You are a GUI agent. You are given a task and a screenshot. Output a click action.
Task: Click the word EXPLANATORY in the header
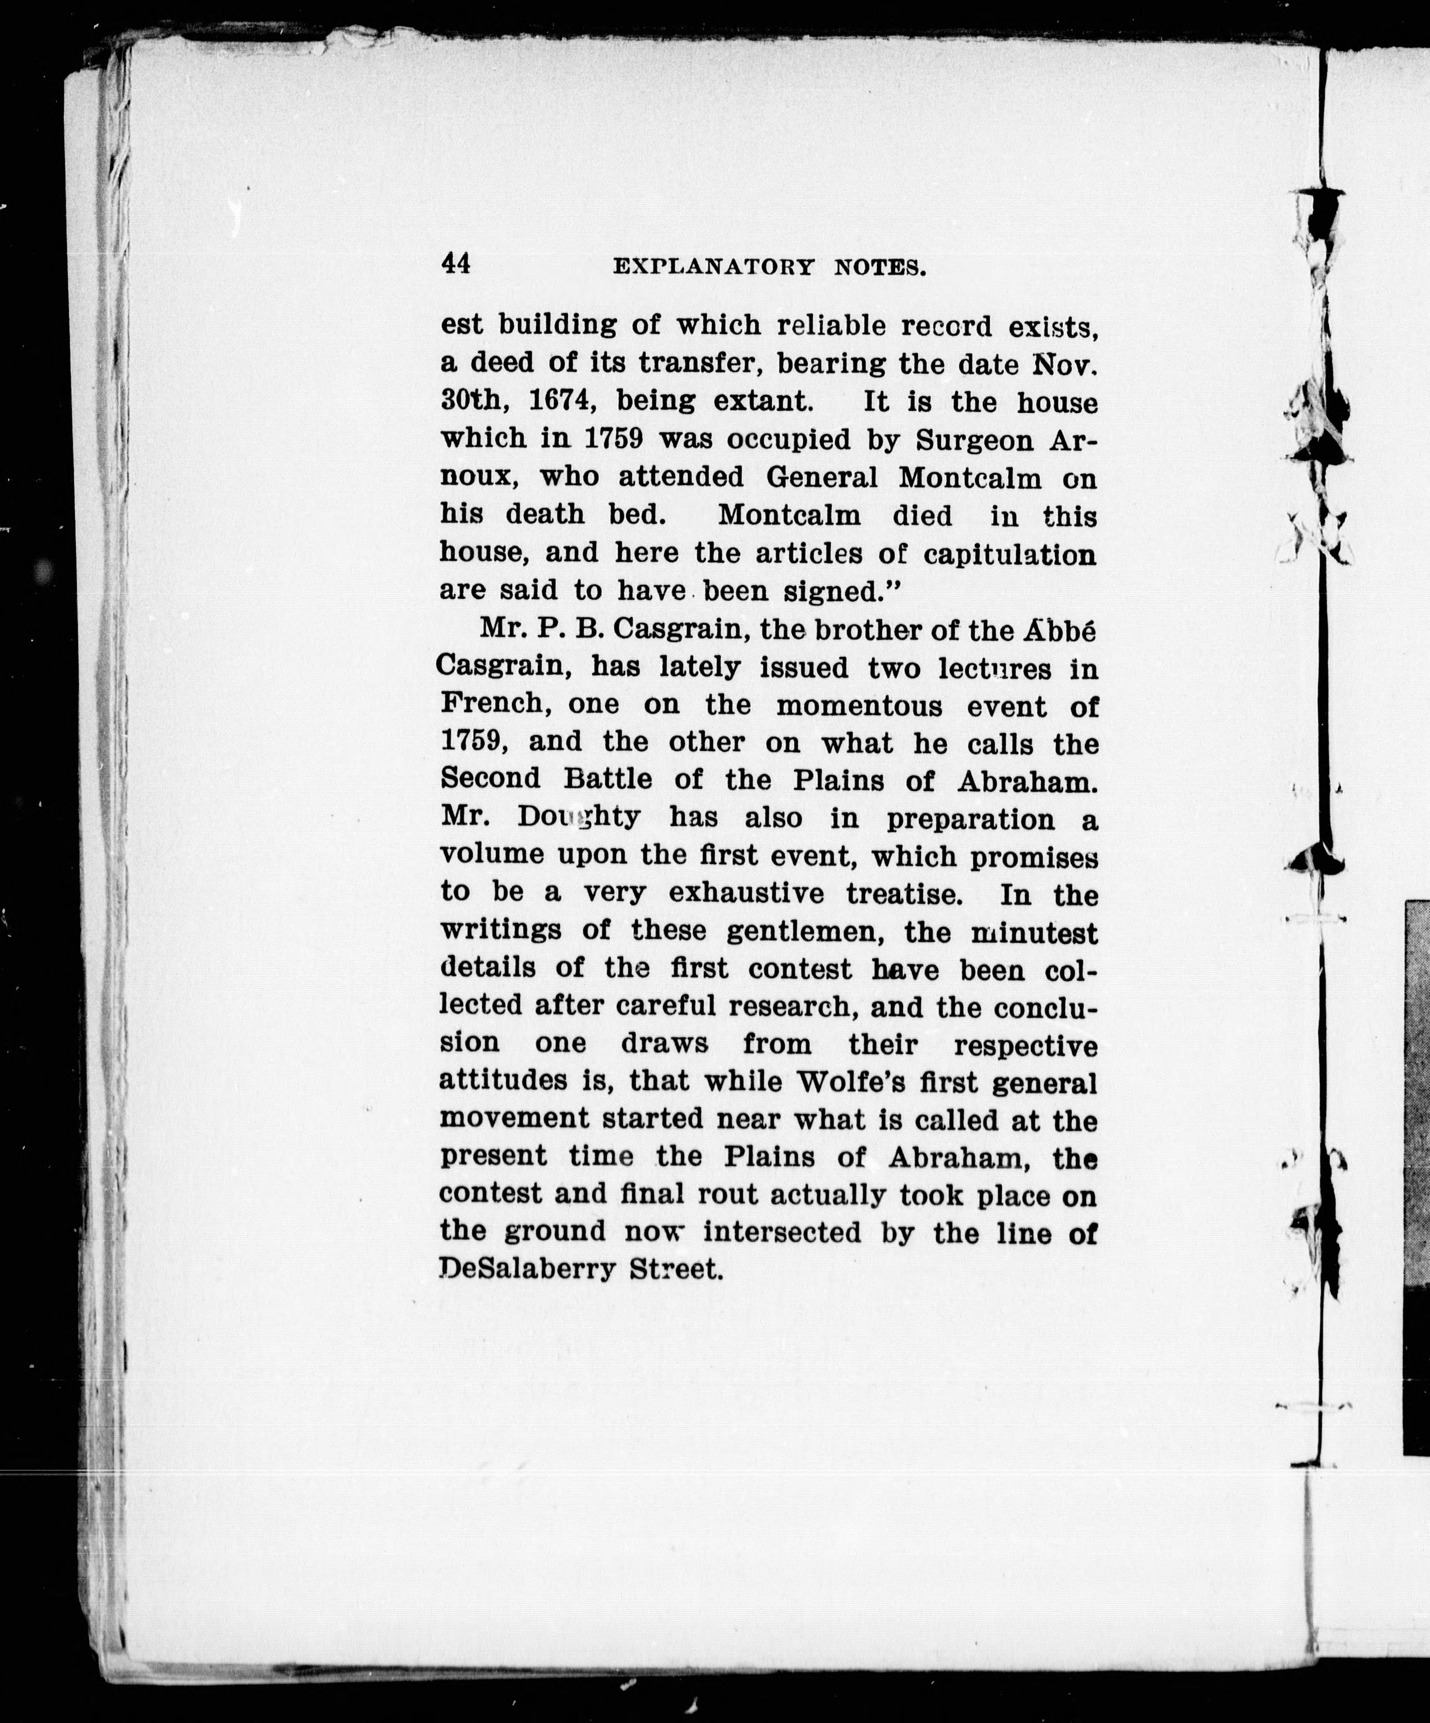tap(714, 268)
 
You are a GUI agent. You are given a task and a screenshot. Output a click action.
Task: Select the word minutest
tap(1034, 932)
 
